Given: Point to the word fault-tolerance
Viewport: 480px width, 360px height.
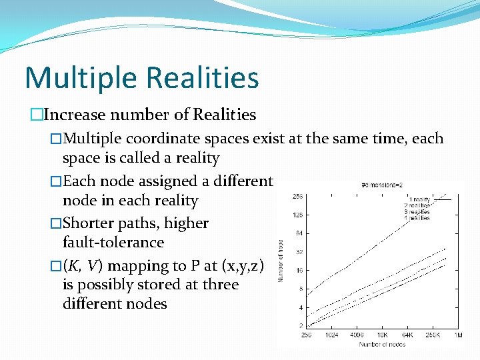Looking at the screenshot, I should [113, 242].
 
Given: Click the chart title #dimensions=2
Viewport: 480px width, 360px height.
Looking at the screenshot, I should [383, 185].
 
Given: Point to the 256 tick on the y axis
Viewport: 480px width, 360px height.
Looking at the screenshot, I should [298, 197].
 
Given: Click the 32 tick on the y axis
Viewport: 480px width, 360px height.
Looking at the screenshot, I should [299, 253].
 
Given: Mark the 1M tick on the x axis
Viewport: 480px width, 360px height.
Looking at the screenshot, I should [458, 335].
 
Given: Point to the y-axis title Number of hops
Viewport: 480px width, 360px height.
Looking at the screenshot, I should [282, 260].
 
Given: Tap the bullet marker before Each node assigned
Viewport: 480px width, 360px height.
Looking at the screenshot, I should [56, 181].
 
